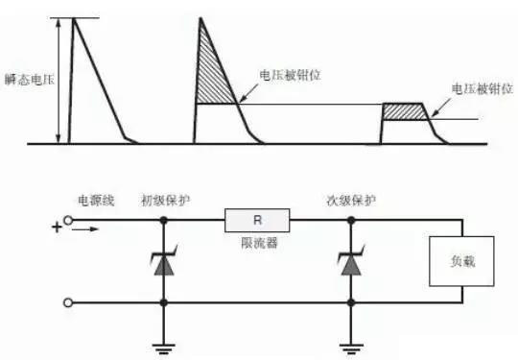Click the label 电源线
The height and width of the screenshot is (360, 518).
97,200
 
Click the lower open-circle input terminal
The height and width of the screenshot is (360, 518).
68,303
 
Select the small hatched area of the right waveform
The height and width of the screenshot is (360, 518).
407,111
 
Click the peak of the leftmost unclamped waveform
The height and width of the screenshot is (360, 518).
74,19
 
